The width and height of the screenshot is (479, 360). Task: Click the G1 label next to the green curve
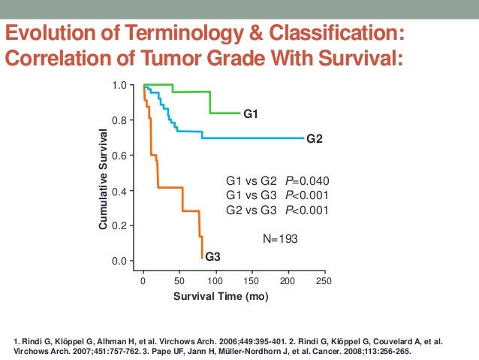click(x=250, y=113)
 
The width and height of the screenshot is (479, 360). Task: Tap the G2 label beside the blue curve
click(x=315, y=138)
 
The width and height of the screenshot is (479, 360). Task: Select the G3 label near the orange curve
click(x=213, y=257)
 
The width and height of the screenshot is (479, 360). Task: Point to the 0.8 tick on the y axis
click(x=118, y=120)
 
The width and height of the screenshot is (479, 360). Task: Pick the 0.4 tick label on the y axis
click(x=118, y=191)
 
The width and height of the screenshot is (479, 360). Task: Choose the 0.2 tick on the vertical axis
click(x=118, y=225)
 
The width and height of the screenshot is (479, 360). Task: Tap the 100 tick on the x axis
click(x=215, y=280)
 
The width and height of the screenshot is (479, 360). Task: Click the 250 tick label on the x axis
click(x=324, y=280)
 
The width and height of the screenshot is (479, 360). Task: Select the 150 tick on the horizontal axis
click(x=252, y=280)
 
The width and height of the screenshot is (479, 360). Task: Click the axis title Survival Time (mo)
click(x=221, y=297)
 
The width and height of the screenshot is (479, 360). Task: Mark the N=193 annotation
click(x=281, y=238)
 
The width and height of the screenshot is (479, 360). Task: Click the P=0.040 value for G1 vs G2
click(x=306, y=181)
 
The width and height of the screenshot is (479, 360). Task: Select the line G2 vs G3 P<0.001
click(x=278, y=210)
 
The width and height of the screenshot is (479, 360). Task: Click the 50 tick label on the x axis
click(x=179, y=280)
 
